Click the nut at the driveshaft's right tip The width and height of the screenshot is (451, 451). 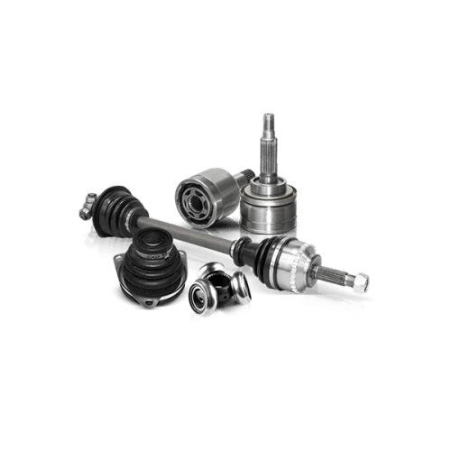point(359,282)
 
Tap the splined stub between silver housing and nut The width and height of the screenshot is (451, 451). point(338,274)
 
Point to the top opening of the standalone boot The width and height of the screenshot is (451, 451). point(148,235)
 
